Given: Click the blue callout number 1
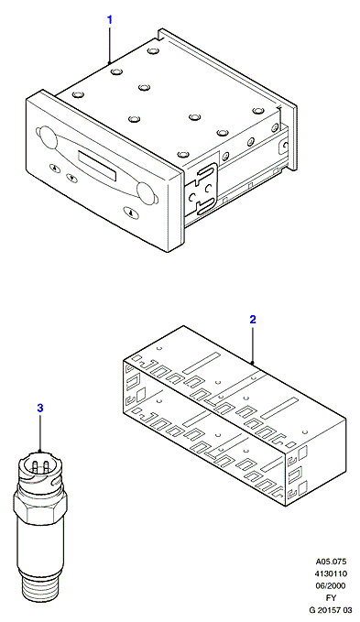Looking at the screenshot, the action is pyautogui.click(x=110, y=19).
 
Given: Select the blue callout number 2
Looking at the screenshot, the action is pyautogui.click(x=253, y=320).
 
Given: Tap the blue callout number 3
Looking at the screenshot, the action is pyautogui.click(x=40, y=409).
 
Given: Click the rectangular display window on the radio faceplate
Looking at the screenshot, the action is pyautogui.click(x=97, y=165).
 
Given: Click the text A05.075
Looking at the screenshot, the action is pyautogui.click(x=331, y=562).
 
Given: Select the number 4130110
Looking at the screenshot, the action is pyautogui.click(x=331, y=573).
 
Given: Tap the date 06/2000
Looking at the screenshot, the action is pyautogui.click(x=331, y=585).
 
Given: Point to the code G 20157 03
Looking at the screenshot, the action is pyautogui.click(x=331, y=610).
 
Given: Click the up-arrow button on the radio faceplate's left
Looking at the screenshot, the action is pyautogui.click(x=55, y=168).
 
